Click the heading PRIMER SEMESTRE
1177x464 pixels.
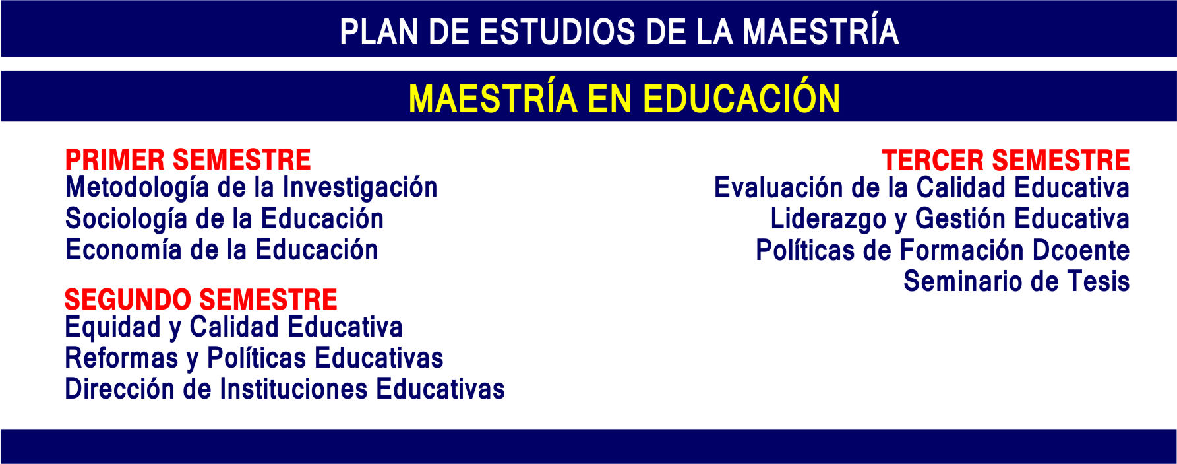[188, 160]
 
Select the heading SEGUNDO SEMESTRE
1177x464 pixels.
[200, 300]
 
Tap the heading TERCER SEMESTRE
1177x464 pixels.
[1006, 160]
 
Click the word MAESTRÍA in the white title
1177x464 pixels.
[821, 32]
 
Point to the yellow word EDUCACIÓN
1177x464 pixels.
[741, 98]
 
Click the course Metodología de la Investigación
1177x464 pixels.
[251, 188]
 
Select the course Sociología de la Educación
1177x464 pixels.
[224, 219]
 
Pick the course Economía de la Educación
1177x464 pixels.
[222, 250]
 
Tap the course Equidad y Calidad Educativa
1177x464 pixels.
[233, 327]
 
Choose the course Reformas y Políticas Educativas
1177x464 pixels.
[254, 358]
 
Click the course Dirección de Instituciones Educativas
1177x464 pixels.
[285, 389]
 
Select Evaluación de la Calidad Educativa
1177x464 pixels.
[922, 188]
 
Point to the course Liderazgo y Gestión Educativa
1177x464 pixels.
[950, 219]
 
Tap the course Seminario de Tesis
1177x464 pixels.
[1017, 281]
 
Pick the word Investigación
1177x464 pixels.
[360, 188]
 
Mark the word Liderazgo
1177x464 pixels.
[828, 219]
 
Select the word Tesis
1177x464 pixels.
[1099, 281]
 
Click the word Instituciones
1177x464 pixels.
[293, 389]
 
